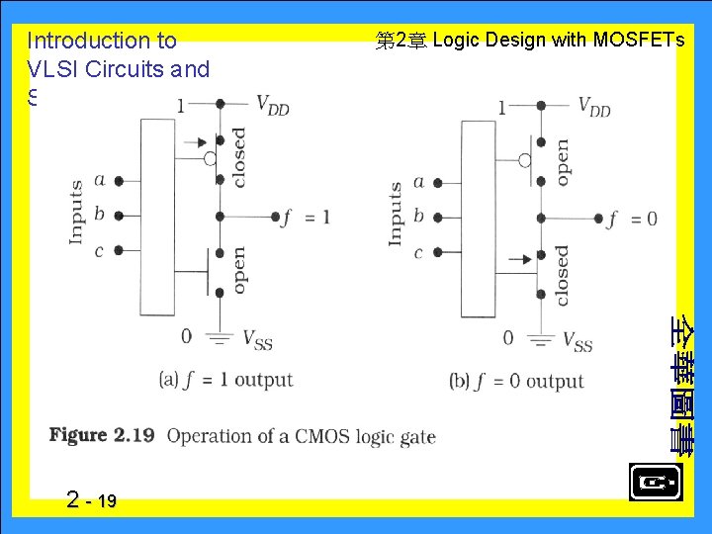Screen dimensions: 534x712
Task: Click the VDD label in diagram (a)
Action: click(x=272, y=104)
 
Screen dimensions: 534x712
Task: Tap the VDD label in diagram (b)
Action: click(x=593, y=106)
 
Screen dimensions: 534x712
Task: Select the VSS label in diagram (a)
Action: click(x=258, y=341)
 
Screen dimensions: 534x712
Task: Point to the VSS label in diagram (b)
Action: click(x=578, y=342)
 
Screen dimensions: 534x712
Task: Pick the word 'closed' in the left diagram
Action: click(x=238, y=157)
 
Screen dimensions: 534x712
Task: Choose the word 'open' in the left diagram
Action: click(x=238, y=270)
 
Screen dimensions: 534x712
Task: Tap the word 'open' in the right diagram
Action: click(x=562, y=160)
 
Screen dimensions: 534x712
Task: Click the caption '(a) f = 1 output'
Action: click(x=225, y=380)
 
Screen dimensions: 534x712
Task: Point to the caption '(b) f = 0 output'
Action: click(x=516, y=382)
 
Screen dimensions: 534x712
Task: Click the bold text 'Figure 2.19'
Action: click(x=102, y=435)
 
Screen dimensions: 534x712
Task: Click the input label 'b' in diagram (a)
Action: click(x=99, y=215)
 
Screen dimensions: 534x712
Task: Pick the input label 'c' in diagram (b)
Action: click(x=418, y=253)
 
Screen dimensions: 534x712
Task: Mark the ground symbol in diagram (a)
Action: click(x=219, y=339)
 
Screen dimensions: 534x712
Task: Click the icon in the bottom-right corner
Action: click(x=654, y=483)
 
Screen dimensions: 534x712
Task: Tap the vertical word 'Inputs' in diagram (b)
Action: click(x=396, y=214)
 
